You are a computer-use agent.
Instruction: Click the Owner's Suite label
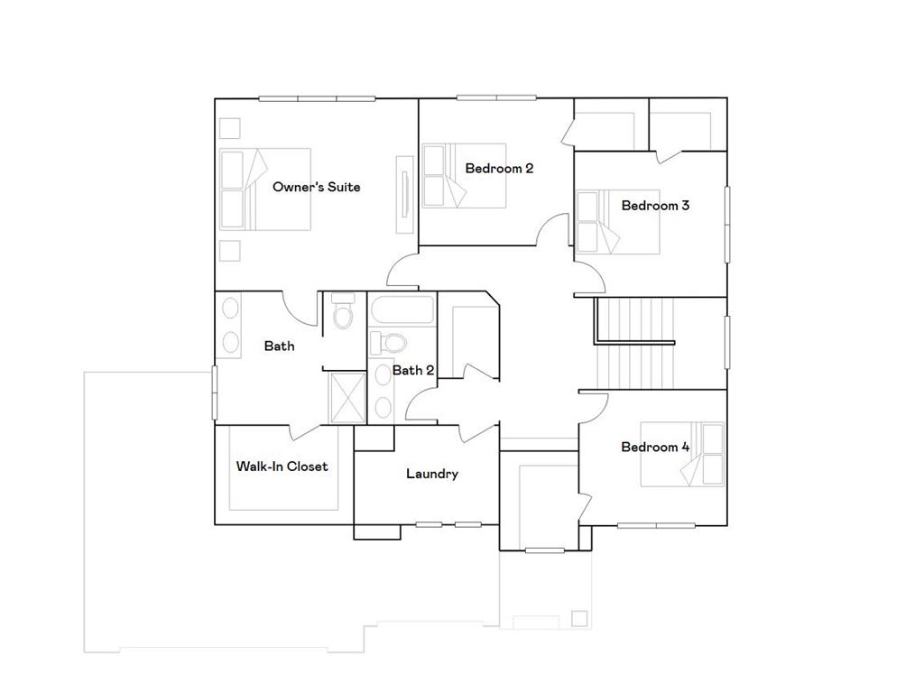(x=316, y=187)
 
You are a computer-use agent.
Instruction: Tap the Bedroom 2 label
(x=499, y=168)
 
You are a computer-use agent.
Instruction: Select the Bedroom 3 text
(x=655, y=205)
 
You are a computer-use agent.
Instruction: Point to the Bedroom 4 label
(x=655, y=447)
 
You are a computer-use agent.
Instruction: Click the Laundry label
(x=431, y=474)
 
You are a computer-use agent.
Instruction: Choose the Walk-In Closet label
(x=282, y=467)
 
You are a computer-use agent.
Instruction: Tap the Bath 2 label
(x=413, y=370)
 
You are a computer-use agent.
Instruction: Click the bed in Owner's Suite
(x=265, y=188)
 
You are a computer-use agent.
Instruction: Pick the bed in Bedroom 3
(x=618, y=221)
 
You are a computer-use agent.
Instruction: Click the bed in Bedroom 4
(x=682, y=454)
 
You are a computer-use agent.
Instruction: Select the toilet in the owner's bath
(x=342, y=315)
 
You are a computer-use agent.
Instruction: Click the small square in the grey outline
(x=578, y=618)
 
